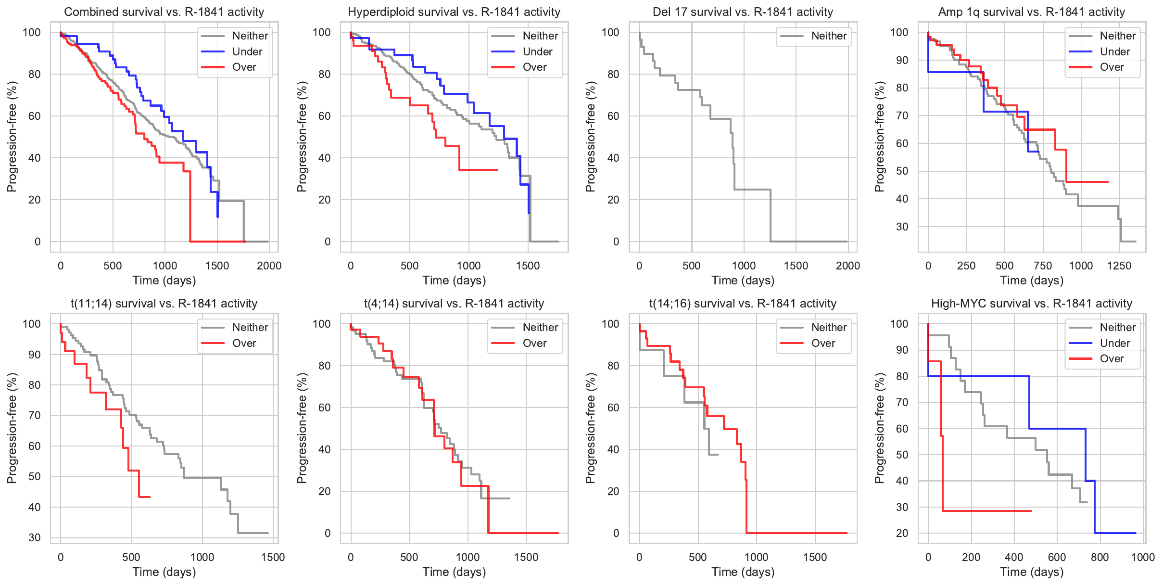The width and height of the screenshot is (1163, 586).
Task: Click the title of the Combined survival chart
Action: (x=164, y=12)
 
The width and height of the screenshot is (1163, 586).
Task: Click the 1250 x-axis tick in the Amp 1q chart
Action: (x=1119, y=266)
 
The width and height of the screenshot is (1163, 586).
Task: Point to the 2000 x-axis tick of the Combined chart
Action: (x=269, y=266)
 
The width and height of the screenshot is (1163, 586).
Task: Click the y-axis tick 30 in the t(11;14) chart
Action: (x=35, y=537)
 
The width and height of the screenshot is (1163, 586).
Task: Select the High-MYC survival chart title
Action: (x=1031, y=304)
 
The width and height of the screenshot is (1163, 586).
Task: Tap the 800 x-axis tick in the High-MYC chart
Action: (x=1100, y=557)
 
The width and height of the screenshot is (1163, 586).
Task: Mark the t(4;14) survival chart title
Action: (x=454, y=304)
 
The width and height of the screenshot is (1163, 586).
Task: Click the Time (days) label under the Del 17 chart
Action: (x=743, y=280)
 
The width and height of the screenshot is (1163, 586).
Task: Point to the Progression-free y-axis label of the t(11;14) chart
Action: (x=12, y=428)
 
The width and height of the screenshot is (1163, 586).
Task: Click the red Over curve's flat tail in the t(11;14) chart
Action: (x=145, y=497)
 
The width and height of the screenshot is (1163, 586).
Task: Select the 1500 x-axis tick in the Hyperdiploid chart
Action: (x=528, y=266)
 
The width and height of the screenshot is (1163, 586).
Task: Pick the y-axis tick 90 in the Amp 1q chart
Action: (x=899, y=60)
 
